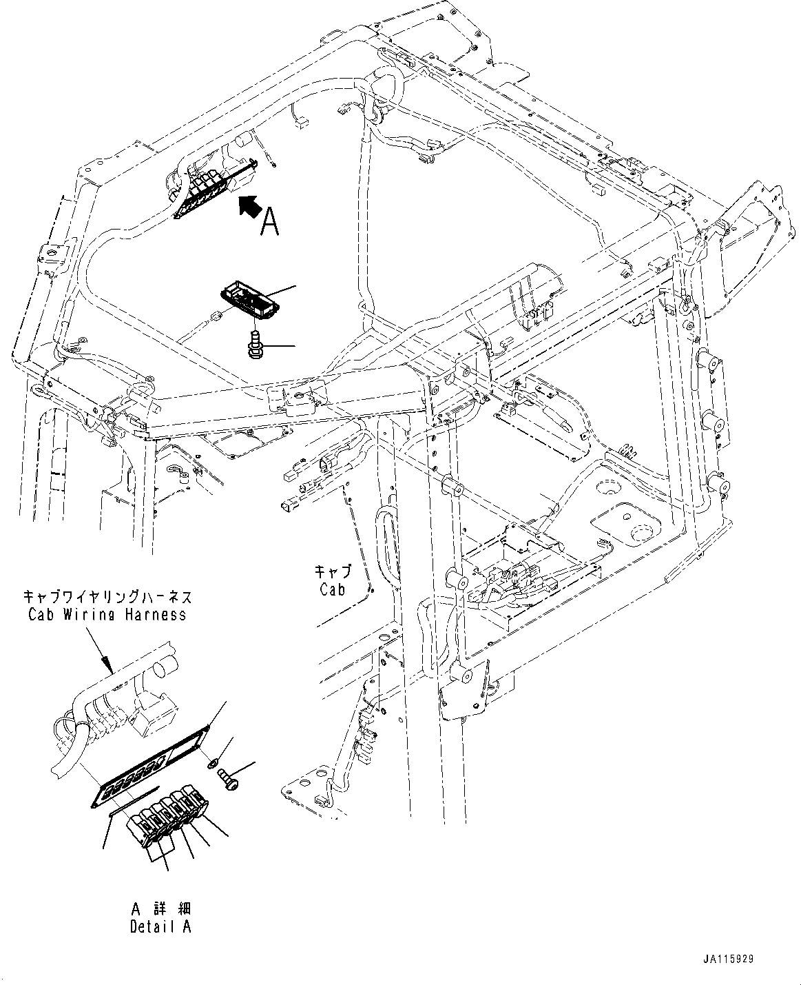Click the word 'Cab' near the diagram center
[332, 589]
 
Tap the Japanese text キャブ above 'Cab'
[333, 572]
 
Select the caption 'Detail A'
[160, 927]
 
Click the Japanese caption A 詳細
[160, 909]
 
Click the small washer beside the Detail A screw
[213, 762]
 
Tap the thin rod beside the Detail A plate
[134, 802]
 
